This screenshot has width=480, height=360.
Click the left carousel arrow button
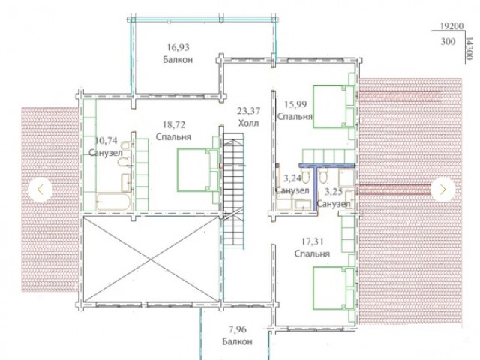coord(40,190)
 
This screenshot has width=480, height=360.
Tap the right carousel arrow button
coord(443,190)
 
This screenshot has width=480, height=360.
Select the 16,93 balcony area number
coord(178,47)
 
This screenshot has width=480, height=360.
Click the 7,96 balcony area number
coord(237,329)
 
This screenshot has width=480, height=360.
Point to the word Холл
coord(248,123)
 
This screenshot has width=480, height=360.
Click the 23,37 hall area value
coord(249,111)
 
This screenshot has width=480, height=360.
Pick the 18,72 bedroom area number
coord(173,125)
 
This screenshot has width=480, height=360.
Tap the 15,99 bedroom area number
coord(295,104)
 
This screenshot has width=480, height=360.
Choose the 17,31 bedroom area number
coord(313,241)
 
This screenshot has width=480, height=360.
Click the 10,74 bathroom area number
coord(106,141)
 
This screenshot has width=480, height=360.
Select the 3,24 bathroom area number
coord(292,178)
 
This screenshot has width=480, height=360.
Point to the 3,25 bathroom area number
coord(333,192)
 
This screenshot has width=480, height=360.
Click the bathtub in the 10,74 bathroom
coord(114,202)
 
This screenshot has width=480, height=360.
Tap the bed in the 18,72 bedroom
coord(198,170)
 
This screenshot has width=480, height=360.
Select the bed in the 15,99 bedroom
coord(334,106)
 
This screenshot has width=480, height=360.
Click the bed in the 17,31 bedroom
coord(334,288)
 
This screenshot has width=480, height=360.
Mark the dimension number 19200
coord(451,26)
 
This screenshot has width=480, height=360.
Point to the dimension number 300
coord(448,42)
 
